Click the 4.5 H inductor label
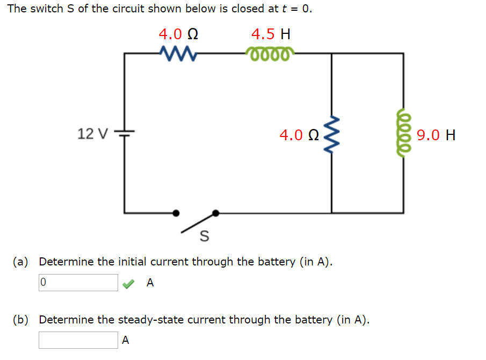[x=271, y=34]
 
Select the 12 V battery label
[x=92, y=133]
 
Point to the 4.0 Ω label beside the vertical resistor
[x=299, y=134]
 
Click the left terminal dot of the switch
[x=176, y=213]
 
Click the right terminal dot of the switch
[x=216, y=213]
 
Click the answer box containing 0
[x=78, y=283]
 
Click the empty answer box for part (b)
[x=78, y=340]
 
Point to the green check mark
[x=128, y=283]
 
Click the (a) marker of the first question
[x=21, y=262]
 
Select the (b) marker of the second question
[x=21, y=320]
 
